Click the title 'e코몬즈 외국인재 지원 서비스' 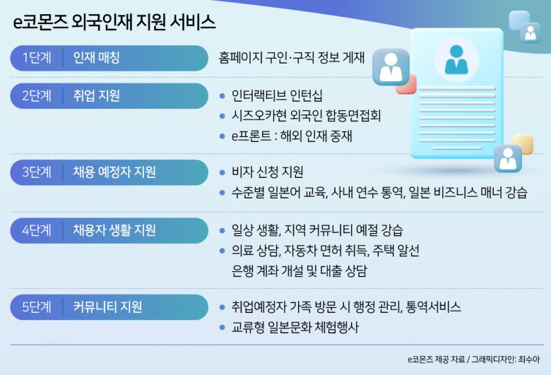(114, 23)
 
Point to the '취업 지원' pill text (96, 95)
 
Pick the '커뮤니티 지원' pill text (107, 306)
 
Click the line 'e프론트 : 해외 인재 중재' (291, 135)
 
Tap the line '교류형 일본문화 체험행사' (295, 327)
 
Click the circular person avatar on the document (456, 60)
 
